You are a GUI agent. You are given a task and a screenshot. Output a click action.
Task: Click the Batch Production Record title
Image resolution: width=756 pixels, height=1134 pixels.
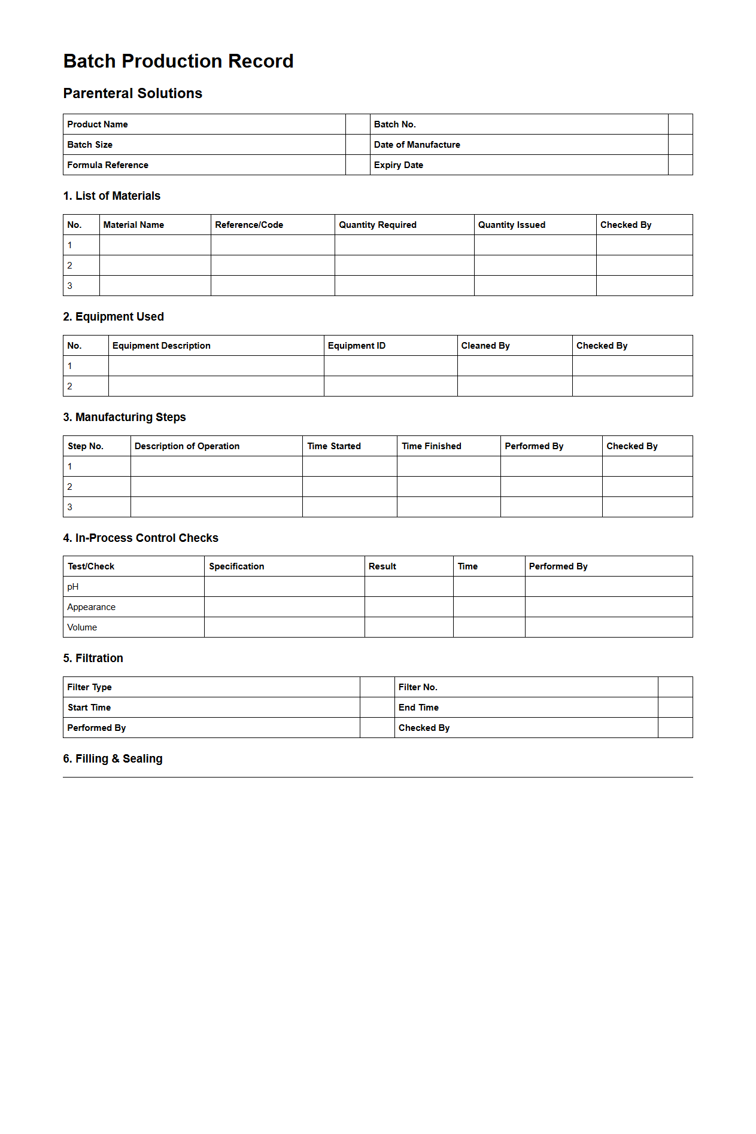tap(178, 61)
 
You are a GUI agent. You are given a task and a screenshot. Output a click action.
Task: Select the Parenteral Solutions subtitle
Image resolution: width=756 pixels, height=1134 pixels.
tap(132, 93)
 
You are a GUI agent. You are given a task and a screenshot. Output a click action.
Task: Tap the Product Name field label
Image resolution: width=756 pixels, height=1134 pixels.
tap(97, 124)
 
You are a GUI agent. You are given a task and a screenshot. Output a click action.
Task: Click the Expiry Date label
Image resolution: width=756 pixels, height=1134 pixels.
tap(398, 165)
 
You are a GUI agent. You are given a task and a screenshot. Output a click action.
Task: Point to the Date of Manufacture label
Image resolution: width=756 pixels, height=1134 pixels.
tap(417, 145)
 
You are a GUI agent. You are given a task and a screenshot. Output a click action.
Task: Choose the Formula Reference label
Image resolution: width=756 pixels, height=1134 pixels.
tap(107, 165)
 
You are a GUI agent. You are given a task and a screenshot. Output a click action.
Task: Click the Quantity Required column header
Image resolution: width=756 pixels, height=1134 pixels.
tap(377, 225)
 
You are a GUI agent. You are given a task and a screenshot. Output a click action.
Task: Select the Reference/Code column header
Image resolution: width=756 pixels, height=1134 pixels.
tap(249, 225)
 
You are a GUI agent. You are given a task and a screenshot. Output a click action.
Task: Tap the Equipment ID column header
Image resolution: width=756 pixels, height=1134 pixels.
tap(356, 346)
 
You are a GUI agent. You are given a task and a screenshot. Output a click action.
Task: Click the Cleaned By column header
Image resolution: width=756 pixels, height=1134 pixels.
tap(485, 346)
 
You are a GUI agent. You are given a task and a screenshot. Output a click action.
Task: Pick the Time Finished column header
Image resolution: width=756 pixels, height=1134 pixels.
tap(431, 446)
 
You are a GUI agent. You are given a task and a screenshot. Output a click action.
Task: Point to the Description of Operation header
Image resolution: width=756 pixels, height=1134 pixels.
tap(187, 446)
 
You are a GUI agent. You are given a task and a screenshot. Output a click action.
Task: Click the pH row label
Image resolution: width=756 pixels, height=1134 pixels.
tap(73, 587)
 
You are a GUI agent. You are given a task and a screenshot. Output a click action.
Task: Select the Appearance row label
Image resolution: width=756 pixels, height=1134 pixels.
tap(91, 607)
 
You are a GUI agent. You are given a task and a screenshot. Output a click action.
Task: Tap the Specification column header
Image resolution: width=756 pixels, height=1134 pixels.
tap(236, 566)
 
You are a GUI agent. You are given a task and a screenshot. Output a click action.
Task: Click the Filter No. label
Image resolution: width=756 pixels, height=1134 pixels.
tap(418, 687)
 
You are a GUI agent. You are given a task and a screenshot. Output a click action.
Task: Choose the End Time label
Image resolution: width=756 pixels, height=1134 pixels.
tap(418, 708)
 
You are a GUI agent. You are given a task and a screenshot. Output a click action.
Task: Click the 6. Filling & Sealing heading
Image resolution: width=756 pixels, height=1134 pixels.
tap(113, 758)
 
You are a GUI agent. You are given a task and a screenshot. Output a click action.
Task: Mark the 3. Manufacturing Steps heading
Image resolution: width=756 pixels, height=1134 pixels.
tap(125, 417)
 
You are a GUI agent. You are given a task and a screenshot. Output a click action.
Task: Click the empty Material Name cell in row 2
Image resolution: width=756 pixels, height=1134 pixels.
tap(155, 266)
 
